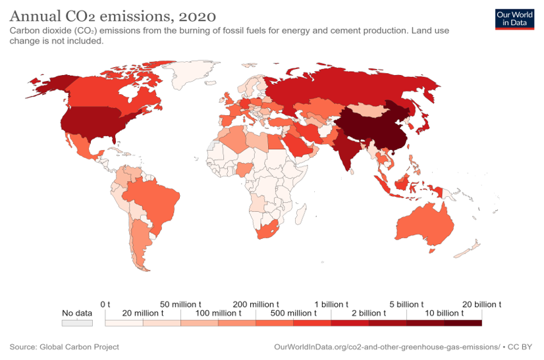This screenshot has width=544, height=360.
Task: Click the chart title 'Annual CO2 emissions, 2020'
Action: tap(113, 14)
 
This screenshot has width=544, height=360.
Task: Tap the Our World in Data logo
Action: tap(514, 18)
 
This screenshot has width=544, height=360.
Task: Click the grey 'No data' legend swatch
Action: tap(76, 323)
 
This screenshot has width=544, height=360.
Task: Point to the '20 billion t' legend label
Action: tap(481, 304)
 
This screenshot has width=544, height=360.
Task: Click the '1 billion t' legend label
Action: tap(331, 304)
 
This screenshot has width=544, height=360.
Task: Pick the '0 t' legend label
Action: tap(105, 304)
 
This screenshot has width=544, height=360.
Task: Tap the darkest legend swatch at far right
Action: tap(463, 323)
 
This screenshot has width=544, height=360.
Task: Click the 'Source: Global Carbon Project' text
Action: tap(64, 346)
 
